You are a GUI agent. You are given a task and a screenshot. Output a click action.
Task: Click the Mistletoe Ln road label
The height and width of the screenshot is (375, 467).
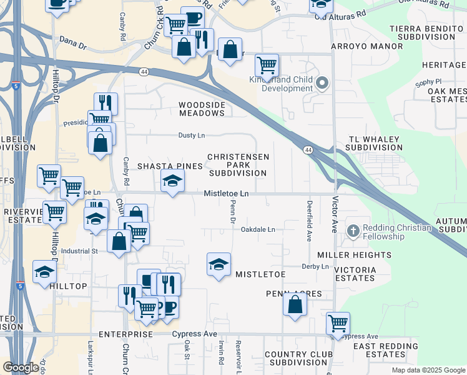(226, 194)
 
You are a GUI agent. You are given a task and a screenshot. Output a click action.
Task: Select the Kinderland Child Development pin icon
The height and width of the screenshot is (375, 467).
(323, 83)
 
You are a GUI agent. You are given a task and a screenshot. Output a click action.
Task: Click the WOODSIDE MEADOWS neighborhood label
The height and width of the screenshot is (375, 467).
(202, 109)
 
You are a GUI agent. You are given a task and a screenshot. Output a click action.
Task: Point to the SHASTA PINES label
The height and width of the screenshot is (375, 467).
(170, 166)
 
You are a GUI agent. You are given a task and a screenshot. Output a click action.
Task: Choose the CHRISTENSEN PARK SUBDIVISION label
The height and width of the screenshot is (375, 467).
(238, 165)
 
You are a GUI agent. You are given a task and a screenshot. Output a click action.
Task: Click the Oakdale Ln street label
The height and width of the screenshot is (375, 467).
(258, 230)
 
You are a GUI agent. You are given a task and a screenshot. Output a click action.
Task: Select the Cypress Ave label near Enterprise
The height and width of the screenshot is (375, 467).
(194, 334)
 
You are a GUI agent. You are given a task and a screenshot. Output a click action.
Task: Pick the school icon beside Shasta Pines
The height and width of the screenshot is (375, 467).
(173, 181)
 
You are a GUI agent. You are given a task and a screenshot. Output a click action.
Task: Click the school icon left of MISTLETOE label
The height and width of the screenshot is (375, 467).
(219, 265)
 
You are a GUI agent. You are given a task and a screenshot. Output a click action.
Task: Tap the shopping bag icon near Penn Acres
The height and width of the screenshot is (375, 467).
(295, 305)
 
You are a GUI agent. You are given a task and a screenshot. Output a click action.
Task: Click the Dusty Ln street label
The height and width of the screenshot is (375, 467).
(192, 135)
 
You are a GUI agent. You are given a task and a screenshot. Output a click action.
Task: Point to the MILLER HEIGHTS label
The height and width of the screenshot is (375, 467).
(354, 255)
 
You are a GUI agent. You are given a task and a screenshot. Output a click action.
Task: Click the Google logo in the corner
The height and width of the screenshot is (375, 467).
(20, 367)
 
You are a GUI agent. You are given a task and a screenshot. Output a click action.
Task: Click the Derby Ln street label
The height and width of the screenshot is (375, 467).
(315, 266)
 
